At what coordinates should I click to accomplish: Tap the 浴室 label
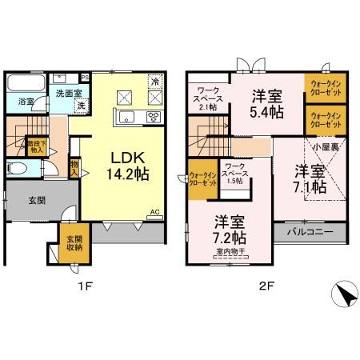click(x=25, y=102)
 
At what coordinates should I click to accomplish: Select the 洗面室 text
click(x=69, y=93)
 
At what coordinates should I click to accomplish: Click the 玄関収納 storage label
click(x=74, y=242)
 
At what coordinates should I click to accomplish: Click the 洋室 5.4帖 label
click(x=264, y=103)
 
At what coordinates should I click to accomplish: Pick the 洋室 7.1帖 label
click(x=309, y=178)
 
